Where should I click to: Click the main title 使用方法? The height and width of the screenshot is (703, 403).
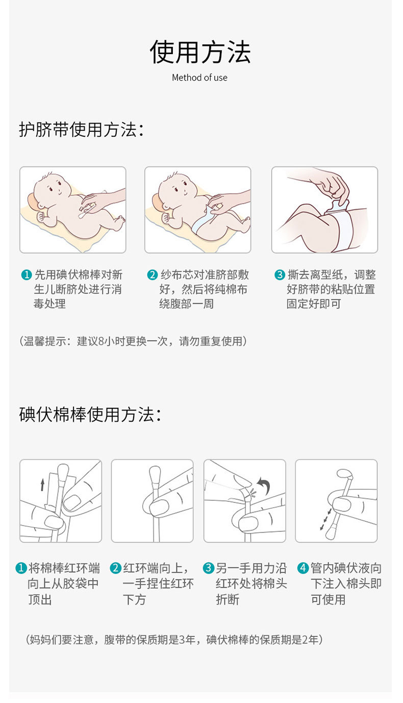point(200,52)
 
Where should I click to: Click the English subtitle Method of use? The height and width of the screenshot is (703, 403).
point(199,78)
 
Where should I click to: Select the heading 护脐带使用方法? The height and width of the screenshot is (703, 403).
point(81,130)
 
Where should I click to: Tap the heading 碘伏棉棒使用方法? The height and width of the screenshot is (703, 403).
point(90,414)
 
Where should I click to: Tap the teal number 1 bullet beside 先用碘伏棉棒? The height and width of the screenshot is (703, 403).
point(27,275)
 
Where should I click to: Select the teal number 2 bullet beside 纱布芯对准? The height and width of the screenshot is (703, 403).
point(152,275)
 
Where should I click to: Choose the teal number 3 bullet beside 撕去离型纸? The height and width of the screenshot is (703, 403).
point(280,275)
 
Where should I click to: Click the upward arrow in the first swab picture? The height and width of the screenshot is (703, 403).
point(42,484)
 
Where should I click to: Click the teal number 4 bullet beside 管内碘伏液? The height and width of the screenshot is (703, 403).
point(303,568)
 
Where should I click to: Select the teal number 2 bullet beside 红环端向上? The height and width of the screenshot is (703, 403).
point(116,568)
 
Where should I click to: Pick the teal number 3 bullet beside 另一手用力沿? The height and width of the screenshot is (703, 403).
point(209,568)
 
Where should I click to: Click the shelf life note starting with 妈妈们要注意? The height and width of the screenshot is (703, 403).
point(173,639)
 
